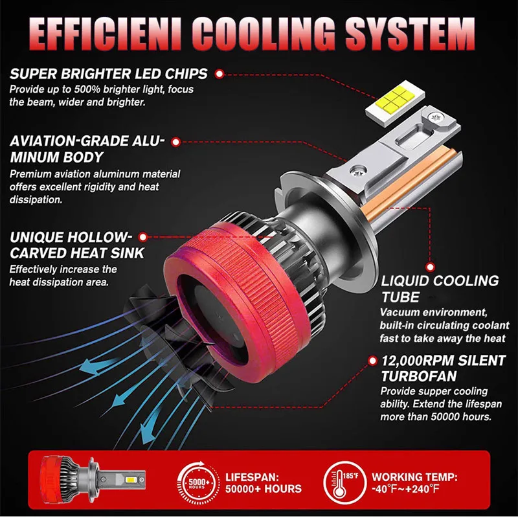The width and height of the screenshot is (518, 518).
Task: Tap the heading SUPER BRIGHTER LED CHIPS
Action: [x=109, y=74]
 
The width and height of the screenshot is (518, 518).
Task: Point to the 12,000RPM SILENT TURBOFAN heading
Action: [x=432, y=367]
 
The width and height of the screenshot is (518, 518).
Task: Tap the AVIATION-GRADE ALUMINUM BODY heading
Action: [x=87, y=149]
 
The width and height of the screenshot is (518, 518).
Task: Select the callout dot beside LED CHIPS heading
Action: [x=220, y=74]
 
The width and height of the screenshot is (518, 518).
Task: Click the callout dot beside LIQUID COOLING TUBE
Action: [x=429, y=265]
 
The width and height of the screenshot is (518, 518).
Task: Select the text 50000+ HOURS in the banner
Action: [x=263, y=488]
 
